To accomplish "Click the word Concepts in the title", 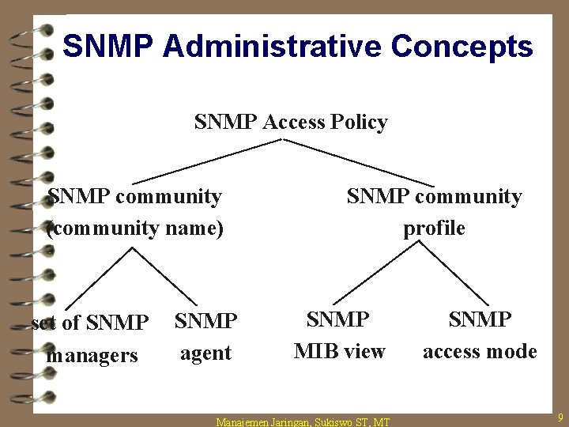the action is pyautogui.click(x=462, y=47).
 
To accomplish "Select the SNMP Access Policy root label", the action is pyautogui.click(x=291, y=123).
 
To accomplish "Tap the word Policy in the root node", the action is pyautogui.click(x=360, y=123).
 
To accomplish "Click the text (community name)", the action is pyautogui.click(x=135, y=229).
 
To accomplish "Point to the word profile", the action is pyautogui.click(x=434, y=229).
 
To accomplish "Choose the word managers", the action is pyautogui.click(x=92, y=355).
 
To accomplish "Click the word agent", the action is pyautogui.click(x=205, y=353).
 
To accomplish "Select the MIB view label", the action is pyautogui.click(x=339, y=350).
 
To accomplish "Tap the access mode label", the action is pyautogui.click(x=480, y=350).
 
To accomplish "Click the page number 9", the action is pyautogui.click(x=560, y=417).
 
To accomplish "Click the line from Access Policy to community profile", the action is pyautogui.click(x=360, y=162).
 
